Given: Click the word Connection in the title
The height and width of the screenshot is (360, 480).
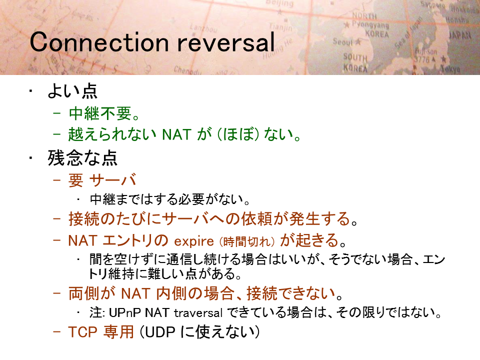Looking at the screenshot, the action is [99, 42].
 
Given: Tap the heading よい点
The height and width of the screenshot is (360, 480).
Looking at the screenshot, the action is [72, 91].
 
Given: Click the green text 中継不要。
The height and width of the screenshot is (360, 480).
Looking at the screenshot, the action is [104, 113].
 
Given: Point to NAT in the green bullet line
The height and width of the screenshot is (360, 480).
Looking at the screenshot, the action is [176, 134].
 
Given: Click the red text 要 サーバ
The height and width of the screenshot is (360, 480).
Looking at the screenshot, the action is [102, 180].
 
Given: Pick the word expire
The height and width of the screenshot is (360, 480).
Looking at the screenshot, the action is [194, 241].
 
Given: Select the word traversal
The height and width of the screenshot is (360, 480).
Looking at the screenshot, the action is [198, 313].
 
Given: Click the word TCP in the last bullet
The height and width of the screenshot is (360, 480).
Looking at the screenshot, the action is [82, 332].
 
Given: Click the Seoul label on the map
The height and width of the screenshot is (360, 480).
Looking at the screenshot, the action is [343, 41].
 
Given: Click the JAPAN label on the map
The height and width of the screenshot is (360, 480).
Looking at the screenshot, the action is [460, 35].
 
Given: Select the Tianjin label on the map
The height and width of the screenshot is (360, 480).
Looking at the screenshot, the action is [280, 27].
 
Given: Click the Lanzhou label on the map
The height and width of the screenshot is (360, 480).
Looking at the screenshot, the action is [203, 28].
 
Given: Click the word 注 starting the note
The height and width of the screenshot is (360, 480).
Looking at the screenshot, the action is [96, 313].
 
